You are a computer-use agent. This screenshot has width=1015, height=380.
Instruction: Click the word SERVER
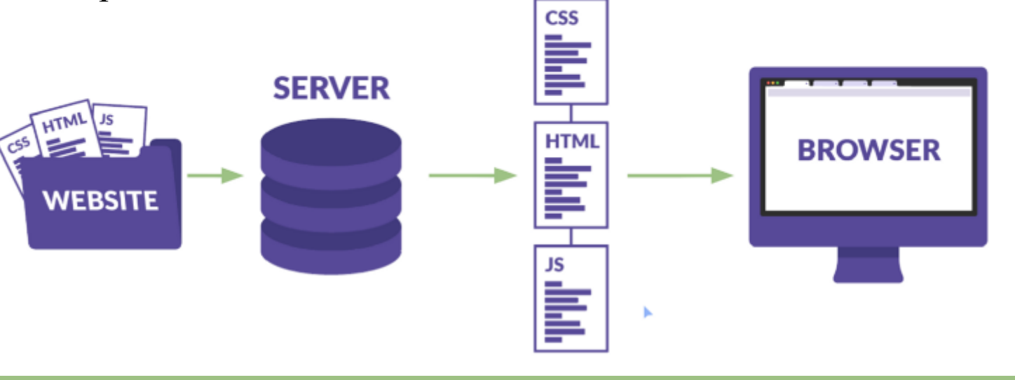click(x=331, y=89)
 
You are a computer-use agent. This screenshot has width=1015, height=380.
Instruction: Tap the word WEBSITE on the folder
click(x=100, y=201)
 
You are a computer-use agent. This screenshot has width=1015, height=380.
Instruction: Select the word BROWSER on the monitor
click(x=868, y=150)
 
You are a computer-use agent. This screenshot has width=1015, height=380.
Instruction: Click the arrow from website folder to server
click(x=214, y=175)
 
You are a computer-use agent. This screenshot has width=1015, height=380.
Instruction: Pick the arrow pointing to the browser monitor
click(x=679, y=175)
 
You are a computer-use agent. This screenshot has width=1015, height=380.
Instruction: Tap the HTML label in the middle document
click(x=572, y=142)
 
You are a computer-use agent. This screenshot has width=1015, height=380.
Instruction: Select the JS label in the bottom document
click(x=554, y=265)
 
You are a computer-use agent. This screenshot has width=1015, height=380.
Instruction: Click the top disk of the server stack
click(x=331, y=151)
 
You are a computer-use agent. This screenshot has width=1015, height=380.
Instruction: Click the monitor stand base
click(x=867, y=274)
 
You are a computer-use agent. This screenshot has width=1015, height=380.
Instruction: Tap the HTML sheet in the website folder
click(x=66, y=126)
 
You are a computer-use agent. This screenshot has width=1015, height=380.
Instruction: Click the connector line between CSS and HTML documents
click(x=571, y=113)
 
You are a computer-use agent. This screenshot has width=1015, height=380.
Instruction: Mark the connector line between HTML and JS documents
click(x=571, y=236)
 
